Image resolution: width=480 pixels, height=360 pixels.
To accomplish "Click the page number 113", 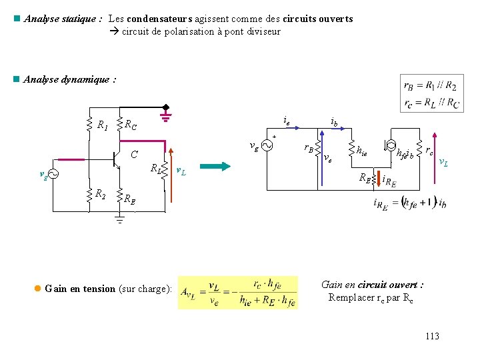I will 432,336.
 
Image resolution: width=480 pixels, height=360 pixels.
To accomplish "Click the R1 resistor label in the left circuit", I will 103,125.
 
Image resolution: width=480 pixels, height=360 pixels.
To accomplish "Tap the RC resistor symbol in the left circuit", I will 119,124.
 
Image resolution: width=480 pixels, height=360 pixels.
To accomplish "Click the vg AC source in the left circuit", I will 52,175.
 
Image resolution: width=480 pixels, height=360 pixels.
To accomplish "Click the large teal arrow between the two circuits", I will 214,167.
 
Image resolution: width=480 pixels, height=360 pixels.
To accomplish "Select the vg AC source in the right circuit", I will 267,146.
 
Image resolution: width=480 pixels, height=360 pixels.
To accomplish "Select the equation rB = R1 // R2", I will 429,85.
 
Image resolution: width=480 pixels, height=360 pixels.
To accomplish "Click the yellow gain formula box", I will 238,292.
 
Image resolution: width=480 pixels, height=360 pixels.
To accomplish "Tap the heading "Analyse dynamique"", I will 69,79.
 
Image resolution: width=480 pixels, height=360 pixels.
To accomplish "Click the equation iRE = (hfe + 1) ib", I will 409,203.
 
